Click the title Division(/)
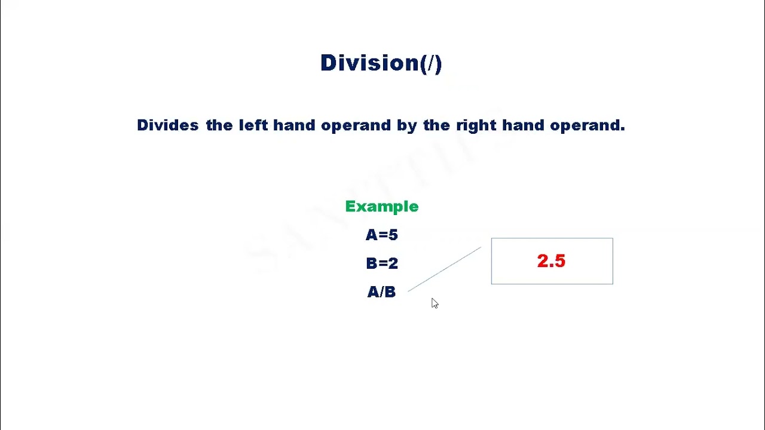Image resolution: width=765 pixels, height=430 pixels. coord(381,63)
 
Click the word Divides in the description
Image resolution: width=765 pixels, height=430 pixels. coord(167,125)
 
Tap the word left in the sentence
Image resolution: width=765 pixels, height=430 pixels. coord(253,125)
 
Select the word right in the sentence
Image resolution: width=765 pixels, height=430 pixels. coord(476,125)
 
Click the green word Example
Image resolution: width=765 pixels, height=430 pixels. coord(382,207)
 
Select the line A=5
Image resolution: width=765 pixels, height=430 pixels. coord(381,235)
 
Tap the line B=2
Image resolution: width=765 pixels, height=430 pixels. coord(381,263)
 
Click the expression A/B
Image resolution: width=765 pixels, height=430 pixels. coord(381,292)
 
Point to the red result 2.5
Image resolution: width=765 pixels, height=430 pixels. coord(551,261)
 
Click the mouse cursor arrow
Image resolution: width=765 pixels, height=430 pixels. coord(434,303)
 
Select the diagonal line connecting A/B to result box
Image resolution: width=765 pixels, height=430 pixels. coord(444,269)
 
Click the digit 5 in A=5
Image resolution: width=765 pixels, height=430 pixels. coord(392,235)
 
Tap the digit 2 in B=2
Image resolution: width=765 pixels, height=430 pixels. coord(393,263)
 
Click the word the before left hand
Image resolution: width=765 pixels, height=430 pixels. coord(219,125)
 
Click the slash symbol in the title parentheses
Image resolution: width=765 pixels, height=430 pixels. coord(430,63)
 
